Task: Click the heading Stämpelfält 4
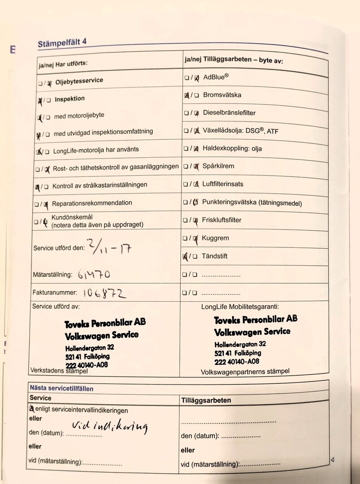coord(62,43)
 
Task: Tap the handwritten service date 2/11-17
coord(108,246)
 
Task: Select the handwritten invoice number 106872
coord(104,293)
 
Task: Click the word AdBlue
coord(216,77)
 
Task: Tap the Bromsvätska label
coord(222,95)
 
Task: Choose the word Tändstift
coord(215,256)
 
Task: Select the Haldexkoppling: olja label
coord(232,148)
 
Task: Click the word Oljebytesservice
coord(79,81)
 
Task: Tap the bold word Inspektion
coord(69,99)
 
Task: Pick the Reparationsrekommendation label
coord(92,203)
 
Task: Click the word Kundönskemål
coord(72,217)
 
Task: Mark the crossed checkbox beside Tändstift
coord(186,257)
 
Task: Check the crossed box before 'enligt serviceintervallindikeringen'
coord(32,409)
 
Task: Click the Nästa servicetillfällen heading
coord(61,388)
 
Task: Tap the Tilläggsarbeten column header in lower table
coord(206,400)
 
